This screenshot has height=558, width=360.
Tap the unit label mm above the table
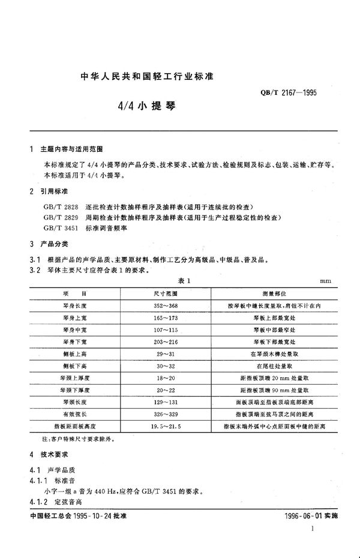326,281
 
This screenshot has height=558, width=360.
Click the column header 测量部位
275,293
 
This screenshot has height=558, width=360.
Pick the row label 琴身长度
74,306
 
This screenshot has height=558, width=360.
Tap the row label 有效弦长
74,414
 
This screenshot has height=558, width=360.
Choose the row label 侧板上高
74,354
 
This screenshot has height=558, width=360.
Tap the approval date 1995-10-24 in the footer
86,516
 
